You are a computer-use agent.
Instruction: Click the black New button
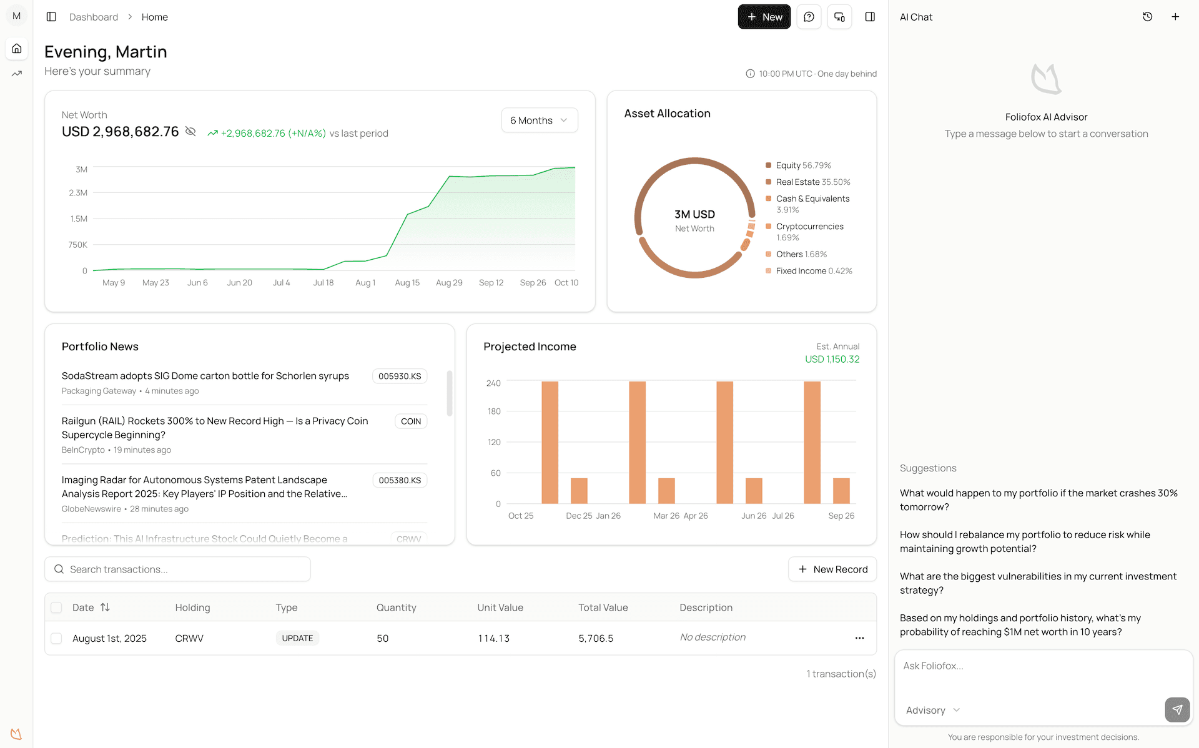764,17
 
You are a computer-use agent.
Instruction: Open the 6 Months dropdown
539,121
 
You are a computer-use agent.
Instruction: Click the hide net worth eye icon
191,132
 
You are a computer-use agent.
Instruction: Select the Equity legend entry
797,165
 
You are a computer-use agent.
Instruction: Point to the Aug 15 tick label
407,283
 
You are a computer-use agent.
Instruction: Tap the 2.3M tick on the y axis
78,193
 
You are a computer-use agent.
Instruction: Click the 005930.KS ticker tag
400,376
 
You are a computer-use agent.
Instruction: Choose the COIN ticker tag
410,421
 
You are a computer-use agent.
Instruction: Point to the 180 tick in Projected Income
494,411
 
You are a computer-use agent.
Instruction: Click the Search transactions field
177,569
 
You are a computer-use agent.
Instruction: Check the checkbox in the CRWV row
56,638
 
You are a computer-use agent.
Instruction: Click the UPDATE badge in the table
297,638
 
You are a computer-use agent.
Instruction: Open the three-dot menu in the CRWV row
859,638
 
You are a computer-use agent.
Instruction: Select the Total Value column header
603,608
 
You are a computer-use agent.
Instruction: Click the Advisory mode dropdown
932,711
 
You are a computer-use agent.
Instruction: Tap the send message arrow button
1177,710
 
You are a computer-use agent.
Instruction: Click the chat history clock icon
1147,17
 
